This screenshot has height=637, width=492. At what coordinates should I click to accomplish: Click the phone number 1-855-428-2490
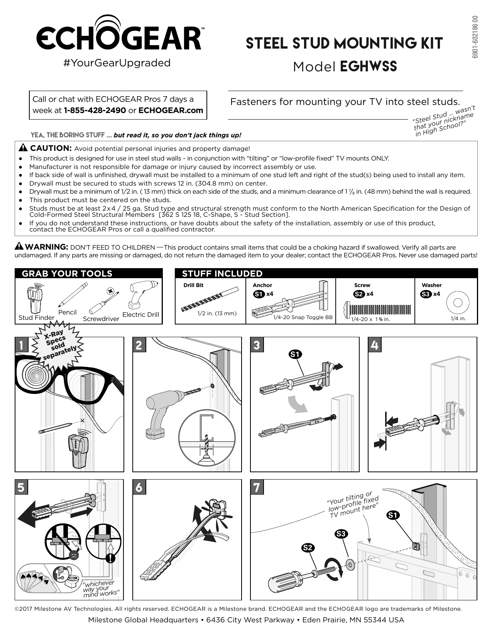95,110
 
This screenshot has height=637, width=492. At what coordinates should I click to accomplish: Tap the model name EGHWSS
369,66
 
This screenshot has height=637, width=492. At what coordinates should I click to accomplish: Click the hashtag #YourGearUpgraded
117,63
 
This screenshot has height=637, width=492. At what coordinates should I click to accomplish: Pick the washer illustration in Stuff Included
458,302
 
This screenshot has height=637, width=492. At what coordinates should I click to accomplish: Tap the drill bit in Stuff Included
210,299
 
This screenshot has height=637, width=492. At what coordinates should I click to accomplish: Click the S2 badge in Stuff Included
359,294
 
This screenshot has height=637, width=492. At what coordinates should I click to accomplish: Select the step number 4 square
374,345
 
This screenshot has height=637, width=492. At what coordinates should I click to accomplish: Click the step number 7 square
257,487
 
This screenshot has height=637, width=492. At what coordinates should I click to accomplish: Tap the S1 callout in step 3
295,355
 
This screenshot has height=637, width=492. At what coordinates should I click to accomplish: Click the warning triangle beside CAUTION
23,148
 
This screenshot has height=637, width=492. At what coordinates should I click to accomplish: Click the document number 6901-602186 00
475,37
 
